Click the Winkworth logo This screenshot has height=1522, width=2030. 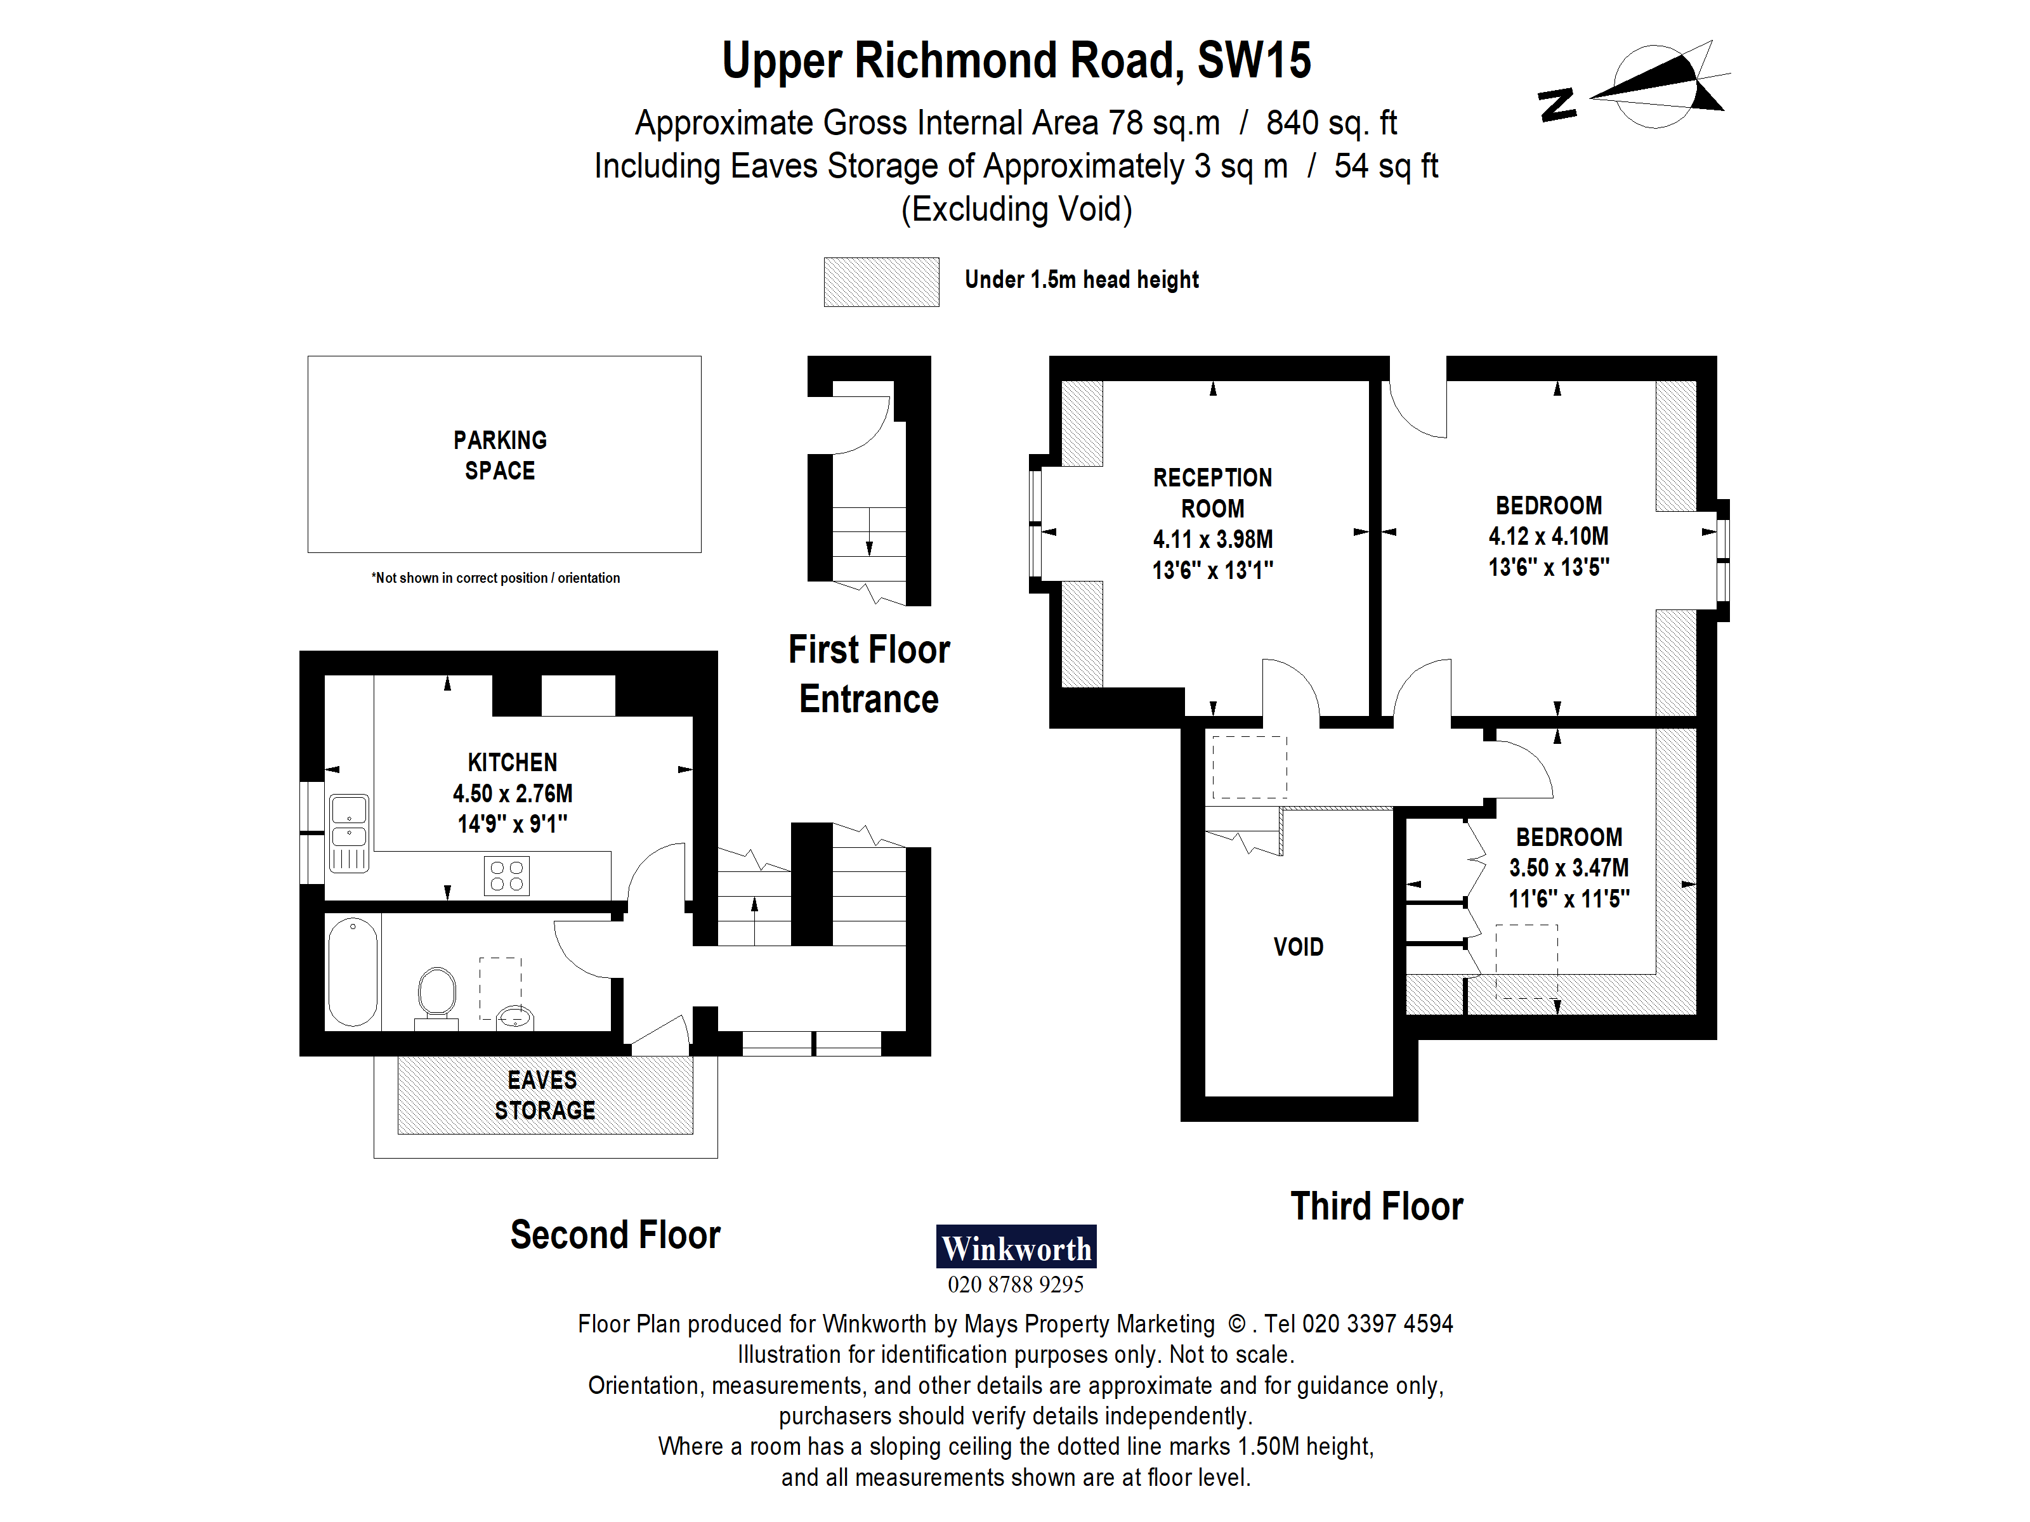[x=1015, y=1247]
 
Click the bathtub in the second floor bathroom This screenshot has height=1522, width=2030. [x=353, y=972]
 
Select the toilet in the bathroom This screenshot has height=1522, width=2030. [x=437, y=994]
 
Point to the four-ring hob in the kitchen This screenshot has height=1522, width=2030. [x=507, y=875]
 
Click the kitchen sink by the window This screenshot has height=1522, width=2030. [x=349, y=823]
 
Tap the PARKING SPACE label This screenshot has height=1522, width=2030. [x=500, y=455]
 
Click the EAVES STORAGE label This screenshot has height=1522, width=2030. [x=544, y=1095]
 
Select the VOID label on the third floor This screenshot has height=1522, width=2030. [x=1298, y=947]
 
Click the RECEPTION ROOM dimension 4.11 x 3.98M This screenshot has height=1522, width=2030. [x=1212, y=540]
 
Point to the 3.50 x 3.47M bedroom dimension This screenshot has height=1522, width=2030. [x=1568, y=868]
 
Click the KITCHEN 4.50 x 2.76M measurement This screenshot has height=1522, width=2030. [x=512, y=793]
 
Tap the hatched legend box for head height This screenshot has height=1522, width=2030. [x=881, y=282]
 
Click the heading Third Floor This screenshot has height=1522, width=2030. [x=1376, y=1206]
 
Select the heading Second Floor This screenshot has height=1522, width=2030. [x=615, y=1235]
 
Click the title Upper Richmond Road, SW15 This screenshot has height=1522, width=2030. [x=1016, y=60]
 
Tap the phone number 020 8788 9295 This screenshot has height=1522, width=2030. [x=1015, y=1284]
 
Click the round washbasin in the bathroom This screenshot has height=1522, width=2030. [x=515, y=1017]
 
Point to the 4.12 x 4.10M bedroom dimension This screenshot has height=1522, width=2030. [x=1549, y=537]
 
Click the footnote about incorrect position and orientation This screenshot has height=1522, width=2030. [x=495, y=578]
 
